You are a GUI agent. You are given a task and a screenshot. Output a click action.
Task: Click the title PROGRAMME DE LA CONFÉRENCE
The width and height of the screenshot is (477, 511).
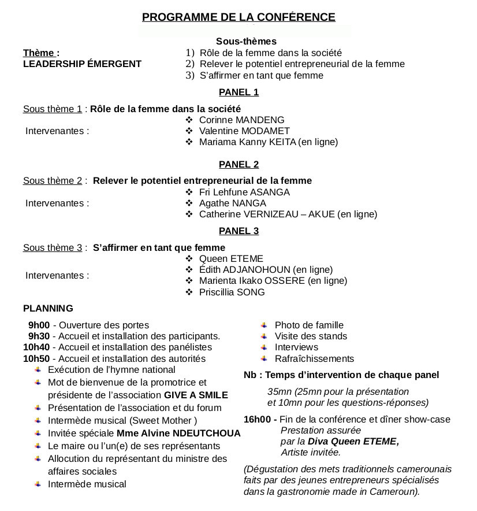(x=238, y=17)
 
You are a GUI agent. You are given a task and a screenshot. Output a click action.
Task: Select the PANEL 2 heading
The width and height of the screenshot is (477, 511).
(x=238, y=164)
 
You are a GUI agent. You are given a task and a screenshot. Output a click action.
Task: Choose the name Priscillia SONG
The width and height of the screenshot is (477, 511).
(x=232, y=292)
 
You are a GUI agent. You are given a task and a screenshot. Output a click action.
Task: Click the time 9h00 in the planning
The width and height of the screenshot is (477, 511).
(x=39, y=325)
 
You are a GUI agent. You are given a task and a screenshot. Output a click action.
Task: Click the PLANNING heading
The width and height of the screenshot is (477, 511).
(x=48, y=309)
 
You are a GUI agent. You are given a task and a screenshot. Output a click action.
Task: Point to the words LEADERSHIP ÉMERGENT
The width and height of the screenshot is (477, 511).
(x=82, y=64)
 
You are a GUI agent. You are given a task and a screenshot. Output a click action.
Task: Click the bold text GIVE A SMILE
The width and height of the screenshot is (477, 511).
(x=196, y=395)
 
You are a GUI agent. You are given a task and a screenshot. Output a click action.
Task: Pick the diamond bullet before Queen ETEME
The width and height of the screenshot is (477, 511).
(x=189, y=259)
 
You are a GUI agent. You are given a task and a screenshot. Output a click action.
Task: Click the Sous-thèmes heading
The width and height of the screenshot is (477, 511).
(x=246, y=42)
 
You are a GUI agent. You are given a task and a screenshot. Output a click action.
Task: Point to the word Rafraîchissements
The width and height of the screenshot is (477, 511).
(x=314, y=359)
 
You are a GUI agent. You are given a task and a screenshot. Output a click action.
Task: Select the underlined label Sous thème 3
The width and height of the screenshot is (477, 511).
(x=53, y=248)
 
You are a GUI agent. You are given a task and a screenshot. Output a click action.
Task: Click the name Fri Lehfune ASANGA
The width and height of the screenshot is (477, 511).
(x=244, y=192)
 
